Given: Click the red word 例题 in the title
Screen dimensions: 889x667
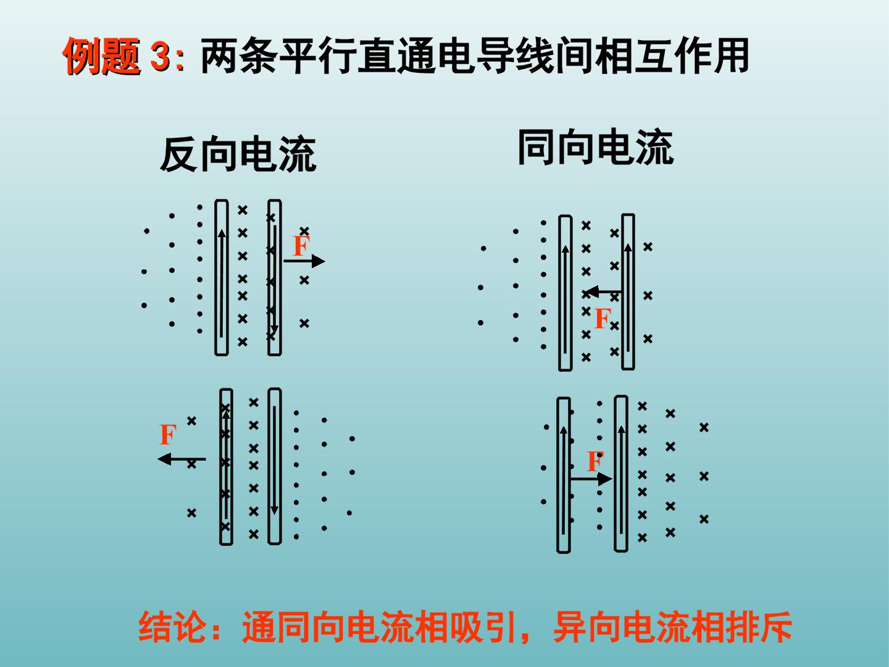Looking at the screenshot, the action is (102, 56).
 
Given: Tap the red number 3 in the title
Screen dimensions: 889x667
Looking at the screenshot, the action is (161, 56).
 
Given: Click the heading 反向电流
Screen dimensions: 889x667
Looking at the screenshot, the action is (238, 154).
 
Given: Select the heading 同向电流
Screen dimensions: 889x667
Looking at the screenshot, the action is (595, 146).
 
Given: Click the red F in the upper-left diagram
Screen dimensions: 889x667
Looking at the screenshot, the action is (301, 246).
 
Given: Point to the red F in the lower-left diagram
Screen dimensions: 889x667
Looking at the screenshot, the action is (168, 434).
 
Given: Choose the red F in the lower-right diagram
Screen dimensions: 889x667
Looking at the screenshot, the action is (595, 462).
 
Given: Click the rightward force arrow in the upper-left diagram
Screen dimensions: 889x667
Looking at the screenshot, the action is (304, 261).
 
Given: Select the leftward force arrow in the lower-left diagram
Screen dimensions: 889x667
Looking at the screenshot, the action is (182, 459).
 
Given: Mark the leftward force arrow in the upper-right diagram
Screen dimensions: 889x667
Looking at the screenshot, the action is (603, 292).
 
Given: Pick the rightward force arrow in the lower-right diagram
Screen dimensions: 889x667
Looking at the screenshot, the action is (591, 479).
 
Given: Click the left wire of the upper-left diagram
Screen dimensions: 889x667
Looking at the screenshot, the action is (222, 277).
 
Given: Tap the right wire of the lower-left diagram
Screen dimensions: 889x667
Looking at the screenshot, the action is (275, 466).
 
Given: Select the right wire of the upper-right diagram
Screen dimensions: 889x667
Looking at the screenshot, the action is (628, 292).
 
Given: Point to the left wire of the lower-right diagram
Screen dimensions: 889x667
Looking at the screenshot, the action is (564, 475).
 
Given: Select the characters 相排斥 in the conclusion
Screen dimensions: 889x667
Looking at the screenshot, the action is (741, 626).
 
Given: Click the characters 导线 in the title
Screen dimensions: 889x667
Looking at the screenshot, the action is (515, 56).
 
